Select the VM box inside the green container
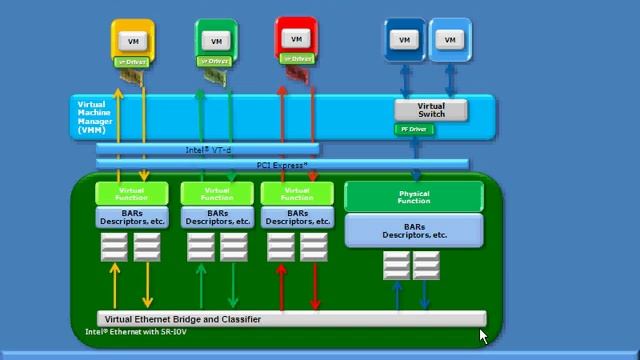pos(217,41)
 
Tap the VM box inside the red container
pos(296,39)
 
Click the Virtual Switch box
pos(431,110)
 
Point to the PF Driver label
pos(413,129)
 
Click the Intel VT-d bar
pos(208,150)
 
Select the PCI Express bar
pos(282,164)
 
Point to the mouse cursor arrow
pos(483,335)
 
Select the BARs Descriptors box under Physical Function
pos(414,230)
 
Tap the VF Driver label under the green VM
pos(217,61)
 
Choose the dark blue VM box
pos(405,40)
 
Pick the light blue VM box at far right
pos(450,40)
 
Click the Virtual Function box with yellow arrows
pos(131,192)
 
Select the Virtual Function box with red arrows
pos(297,192)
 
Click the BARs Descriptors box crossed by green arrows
pos(216,217)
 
